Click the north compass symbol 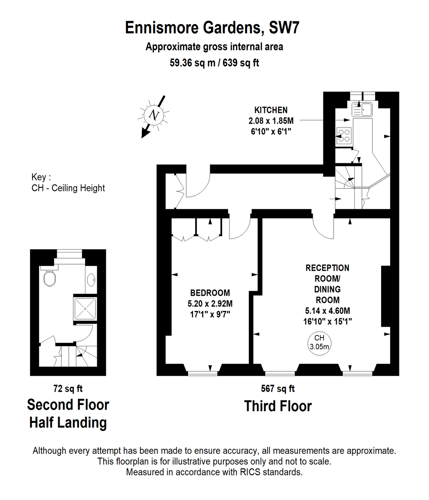[x=154, y=115]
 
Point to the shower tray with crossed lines [x=85, y=309]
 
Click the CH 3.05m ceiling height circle [x=319, y=343]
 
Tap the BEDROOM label [x=210, y=293]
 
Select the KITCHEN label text [x=271, y=110]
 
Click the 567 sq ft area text [x=278, y=388]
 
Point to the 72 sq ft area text [x=68, y=388]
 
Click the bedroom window [x=203, y=373]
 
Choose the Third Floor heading [x=278, y=406]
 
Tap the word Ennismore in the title [x=162, y=27]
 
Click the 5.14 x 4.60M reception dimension [x=328, y=310]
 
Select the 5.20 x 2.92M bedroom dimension [x=210, y=304]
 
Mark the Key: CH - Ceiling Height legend [x=68, y=182]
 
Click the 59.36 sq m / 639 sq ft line [x=214, y=63]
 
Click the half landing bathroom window [x=70, y=254]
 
